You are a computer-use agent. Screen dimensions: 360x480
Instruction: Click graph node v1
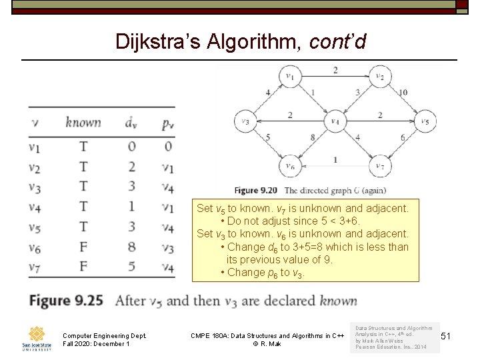point(290,77)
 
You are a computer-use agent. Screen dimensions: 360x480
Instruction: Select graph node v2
point(379,77)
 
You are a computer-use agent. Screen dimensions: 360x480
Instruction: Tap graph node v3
point(245,121)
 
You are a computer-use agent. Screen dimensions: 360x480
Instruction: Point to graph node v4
point(335,121)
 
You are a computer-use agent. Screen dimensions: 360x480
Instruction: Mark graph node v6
point(290,166)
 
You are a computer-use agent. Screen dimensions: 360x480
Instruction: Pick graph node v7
point(379,166)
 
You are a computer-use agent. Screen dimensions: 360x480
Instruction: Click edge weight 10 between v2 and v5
point(403,92)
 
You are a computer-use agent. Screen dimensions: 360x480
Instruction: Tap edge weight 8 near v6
point(312,137)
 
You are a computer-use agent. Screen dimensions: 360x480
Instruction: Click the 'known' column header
point(83,122)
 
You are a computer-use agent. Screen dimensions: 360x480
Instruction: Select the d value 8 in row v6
point(131,248)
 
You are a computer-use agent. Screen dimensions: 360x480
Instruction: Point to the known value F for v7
point(83,268)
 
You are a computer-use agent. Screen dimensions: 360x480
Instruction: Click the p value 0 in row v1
point(169,146)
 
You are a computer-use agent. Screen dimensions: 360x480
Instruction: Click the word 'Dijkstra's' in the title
point(161,41)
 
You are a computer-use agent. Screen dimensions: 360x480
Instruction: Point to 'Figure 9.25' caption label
point(66,301)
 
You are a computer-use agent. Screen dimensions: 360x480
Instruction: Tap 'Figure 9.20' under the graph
point(256,190)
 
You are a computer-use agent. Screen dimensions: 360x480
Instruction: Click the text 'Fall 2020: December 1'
point(96,344)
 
